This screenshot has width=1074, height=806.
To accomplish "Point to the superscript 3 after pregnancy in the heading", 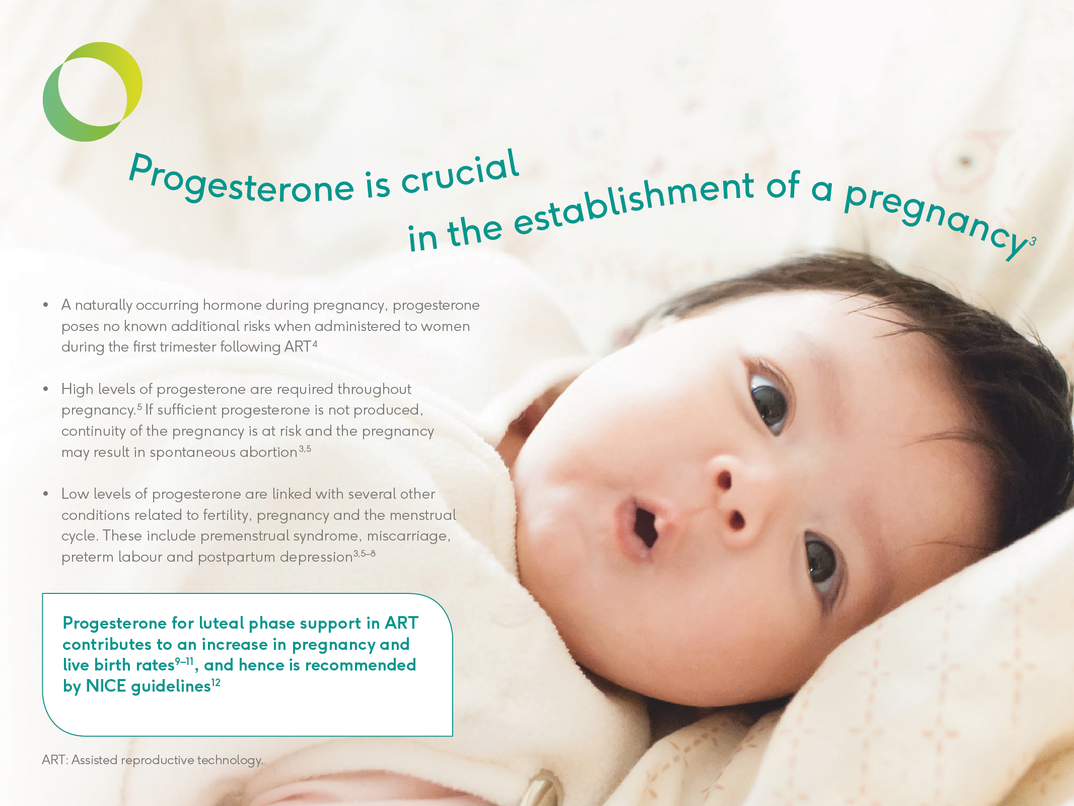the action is [x=1033, y=241].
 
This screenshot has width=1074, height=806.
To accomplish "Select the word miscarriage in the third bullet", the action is [x=407, y=536].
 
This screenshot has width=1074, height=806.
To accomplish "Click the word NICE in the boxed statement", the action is [x=106, y=686].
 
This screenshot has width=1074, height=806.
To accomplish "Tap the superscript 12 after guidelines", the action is [x=216, y=683].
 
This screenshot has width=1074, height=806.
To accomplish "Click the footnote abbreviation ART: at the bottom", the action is [x=54, y=760].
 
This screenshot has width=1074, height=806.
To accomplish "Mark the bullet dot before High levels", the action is [x=46, y=389].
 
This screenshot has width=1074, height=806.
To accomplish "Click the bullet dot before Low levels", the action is [x=46, y=494].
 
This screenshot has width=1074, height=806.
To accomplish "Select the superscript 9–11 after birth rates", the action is [x=184, y=661].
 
